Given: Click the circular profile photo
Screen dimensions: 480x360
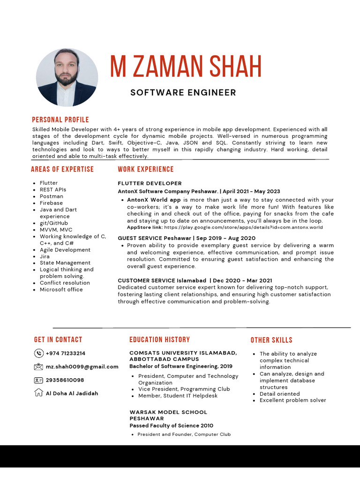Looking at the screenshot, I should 67,77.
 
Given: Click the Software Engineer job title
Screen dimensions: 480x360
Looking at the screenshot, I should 183,92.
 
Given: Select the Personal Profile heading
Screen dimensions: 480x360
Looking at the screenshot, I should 60,120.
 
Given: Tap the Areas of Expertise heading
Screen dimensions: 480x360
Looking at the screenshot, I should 62,169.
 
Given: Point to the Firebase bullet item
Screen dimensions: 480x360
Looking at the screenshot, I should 52,203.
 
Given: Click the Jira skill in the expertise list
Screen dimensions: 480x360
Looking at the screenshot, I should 45,256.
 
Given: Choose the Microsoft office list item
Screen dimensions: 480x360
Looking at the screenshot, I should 61,290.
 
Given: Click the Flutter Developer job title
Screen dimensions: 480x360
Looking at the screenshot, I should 150,183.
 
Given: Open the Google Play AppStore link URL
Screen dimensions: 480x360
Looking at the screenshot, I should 243,227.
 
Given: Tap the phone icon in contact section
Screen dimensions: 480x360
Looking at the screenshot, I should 38,353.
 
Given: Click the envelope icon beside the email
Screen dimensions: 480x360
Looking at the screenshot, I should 38,367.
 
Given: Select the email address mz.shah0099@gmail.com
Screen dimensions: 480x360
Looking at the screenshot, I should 82,367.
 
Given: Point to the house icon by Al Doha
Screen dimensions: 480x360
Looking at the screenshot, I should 38,393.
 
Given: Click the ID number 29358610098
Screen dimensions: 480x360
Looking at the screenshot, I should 65,380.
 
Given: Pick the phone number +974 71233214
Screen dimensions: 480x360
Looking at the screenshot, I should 66,353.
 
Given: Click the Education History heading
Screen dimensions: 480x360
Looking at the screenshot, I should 159,340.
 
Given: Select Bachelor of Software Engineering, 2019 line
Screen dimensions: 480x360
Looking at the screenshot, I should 180,366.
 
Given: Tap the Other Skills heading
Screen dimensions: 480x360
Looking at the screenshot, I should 271,340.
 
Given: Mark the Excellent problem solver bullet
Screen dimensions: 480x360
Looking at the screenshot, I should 292,400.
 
